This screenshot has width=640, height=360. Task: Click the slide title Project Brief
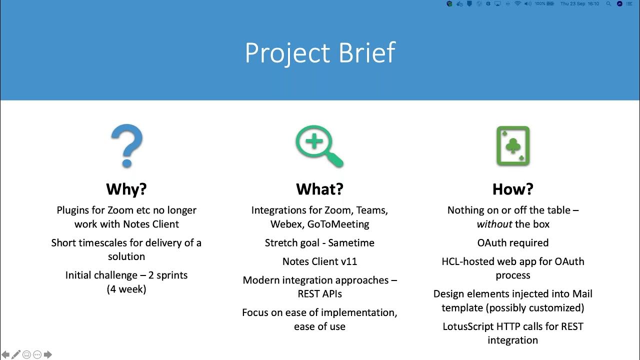320,52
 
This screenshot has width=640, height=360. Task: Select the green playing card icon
512,146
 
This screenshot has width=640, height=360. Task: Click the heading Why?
126,189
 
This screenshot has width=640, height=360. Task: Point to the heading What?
319,189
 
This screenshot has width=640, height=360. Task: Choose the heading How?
512,189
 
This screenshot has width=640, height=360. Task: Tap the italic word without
494,224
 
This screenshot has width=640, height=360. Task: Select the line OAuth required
512,242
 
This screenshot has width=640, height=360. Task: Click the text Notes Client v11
319,261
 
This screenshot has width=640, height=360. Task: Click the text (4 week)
126,289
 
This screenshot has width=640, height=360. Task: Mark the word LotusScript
468,326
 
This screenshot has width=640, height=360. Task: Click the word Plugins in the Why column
73,210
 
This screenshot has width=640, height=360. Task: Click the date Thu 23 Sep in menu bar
572,3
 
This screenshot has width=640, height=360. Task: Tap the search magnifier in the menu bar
608,3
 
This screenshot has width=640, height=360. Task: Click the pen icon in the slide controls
16,354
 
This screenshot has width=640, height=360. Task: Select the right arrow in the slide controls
48,354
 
